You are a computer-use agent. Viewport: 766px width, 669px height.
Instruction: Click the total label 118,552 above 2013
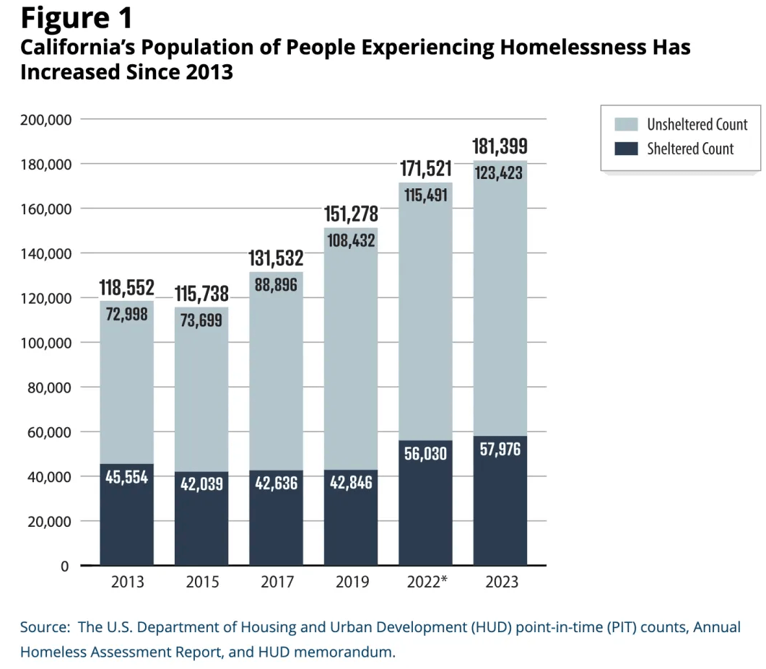pyautogui.click(x=127, y=288)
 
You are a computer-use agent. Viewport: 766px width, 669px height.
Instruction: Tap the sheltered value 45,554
pyautogui.click(x=127, y=478)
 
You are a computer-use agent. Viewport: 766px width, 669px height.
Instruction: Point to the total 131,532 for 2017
pyautogui.click(x=277, y=258)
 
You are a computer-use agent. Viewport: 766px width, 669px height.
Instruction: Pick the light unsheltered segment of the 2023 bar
pyautogui.click(x=500, y=303)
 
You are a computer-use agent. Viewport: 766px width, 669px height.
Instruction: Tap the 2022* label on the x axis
pyautogui.click(x=426, y=582)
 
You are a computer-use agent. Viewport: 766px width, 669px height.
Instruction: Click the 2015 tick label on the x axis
pyautogui.click(x=201, y=582)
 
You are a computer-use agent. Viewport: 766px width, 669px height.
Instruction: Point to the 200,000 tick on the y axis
pyautogui.click(x=45, y=120)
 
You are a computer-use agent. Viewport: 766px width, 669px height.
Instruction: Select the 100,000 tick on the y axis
pyautogui.click(x=45, y=343)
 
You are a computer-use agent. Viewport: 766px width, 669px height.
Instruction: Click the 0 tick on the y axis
pyautogui.click(x=65, y=566)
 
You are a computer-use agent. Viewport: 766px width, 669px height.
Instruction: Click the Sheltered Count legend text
pyautogui.click(x=690, y=149)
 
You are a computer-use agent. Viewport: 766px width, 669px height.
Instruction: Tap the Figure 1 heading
pyautogui.click(x=76, y=17)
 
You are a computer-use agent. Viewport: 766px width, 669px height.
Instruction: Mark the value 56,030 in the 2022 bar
pyautogui.click(x=426, y=455)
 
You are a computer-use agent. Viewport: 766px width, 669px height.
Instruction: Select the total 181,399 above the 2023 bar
pyautogui.click(x=500, y=147)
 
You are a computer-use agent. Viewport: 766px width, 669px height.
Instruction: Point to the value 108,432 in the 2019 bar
pyautogui.click(x=351, y=241)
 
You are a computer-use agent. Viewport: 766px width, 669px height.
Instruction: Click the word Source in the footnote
pyautogui.click(x=43, y=627)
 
